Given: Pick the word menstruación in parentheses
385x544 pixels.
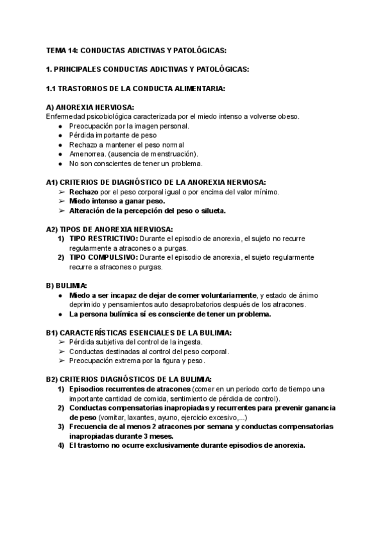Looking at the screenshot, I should coord(175,154).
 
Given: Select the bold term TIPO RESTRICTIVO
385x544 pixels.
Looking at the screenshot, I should coord(99,239).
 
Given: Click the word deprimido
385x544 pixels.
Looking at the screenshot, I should coord(87,305).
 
